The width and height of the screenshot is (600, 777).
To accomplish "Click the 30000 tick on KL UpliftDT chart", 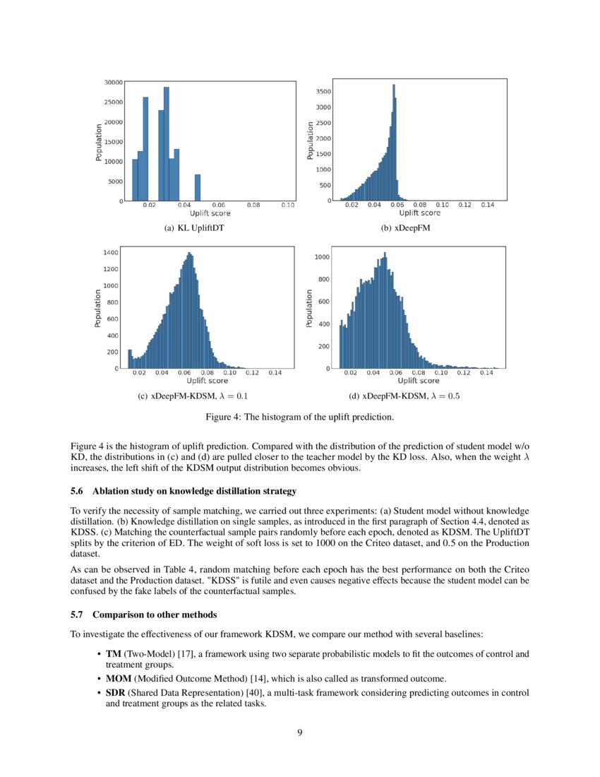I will pyautogui.click(x=114, y=82).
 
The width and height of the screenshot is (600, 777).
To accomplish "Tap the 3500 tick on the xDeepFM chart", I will pyautogui.click(x=323, y=92).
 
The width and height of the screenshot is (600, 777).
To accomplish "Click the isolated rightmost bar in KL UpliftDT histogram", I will pyautogui.click(x=198, y=187).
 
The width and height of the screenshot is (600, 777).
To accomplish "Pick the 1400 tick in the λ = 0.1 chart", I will pyautogui.click(x=111, y=252).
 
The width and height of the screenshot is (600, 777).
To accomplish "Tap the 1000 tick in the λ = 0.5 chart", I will pyautogui.click(x=323, y=257).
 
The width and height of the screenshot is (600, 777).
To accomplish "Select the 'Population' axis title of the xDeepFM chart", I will pyautogui.click(x=311, y=140).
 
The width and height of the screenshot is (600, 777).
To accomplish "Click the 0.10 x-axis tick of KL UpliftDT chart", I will pyautogui.click(x=287, y=206).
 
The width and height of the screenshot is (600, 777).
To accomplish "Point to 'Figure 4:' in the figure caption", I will pyautogui.click(x=224, y=417).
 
